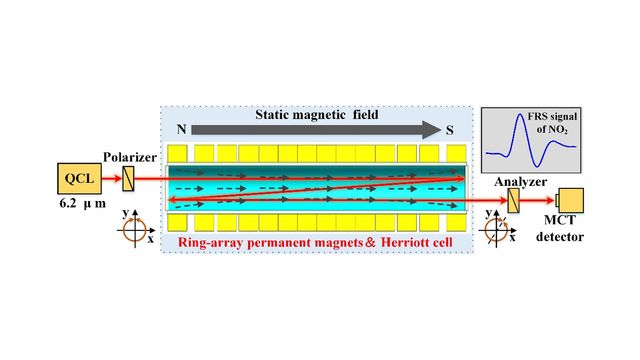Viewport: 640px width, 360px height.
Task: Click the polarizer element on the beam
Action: tap(129, 180)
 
